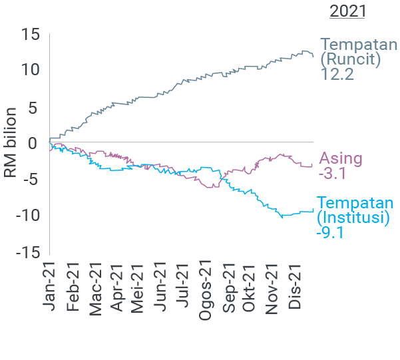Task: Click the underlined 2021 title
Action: point(347,12)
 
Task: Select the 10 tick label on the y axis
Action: point(29,69)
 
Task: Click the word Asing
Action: point(341,159)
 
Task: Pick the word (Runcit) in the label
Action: point(350,59)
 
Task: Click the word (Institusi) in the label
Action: point(353,218)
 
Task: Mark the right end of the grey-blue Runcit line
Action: point(313,57)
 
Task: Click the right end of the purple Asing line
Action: point(312,165)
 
